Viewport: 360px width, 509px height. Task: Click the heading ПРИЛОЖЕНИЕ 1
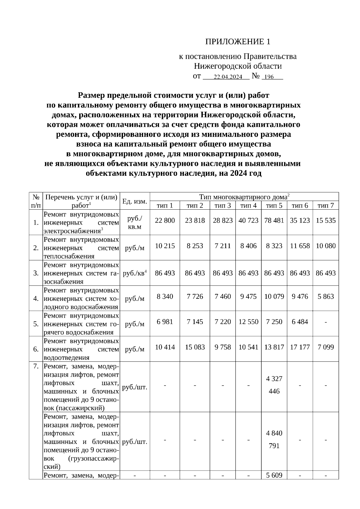coord(238,42)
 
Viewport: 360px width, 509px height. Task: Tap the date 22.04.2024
coord(228,77)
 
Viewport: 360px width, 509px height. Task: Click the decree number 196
coord(269,77)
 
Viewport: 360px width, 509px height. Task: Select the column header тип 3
coord(223,205)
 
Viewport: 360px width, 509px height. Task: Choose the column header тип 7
coord(325,205)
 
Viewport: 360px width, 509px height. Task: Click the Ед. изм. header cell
coord(135,201)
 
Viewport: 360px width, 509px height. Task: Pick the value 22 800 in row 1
coord(165,220)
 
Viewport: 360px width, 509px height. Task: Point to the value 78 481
coord(274,220)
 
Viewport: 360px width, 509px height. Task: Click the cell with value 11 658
coord(300,246)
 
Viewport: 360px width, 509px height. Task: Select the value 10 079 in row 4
coord(274,297)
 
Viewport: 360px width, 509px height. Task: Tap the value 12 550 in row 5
coord(248,322)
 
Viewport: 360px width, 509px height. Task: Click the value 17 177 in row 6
coord(300,347)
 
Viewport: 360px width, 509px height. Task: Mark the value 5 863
coord(325,297)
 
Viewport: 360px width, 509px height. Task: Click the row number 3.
coord(36,273)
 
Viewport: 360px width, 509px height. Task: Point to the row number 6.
coord(36,349)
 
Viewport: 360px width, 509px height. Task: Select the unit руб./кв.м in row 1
coord(135,223)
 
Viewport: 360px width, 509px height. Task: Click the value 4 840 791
coord(274,439)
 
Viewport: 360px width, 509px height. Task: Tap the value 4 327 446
coord(274,385)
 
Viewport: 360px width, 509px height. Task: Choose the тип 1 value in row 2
coord(165,246)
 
